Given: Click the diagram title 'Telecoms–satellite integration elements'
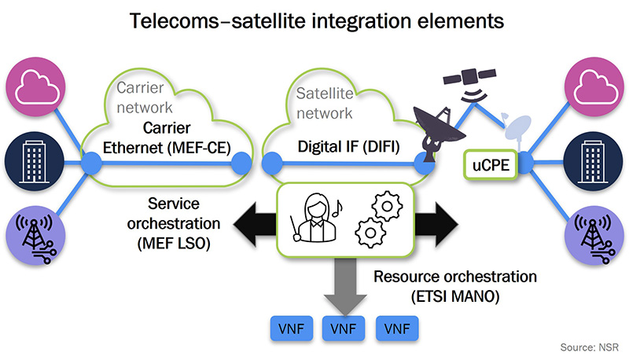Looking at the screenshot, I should pos(314,20).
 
